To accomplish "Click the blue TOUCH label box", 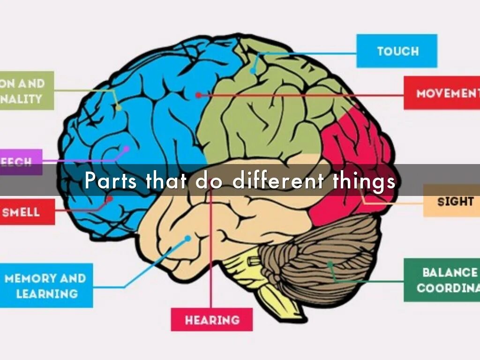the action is (x=397, y=51).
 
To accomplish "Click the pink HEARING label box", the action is (x=211, y=320).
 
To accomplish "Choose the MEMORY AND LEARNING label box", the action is (x=46, y=285).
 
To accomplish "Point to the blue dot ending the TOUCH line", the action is (x=253, y=71).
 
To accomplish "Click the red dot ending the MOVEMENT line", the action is (x=198, y=95).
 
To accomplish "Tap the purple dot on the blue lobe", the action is (x=126, y=149).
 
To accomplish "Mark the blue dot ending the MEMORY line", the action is (x=187, y=239).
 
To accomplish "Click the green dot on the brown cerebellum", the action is (x=330, y=264).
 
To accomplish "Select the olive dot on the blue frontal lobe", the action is (x=118, y=108).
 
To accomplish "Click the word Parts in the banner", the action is (x=111, y=180).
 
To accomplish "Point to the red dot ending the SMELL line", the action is (x=110, y=199).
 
